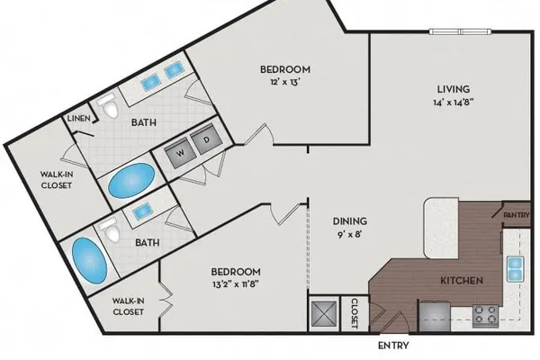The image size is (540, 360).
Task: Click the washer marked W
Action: (178, 152)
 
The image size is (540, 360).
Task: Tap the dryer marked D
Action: (204, 139)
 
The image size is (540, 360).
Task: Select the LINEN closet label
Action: (79, 119)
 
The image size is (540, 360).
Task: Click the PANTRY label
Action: (517, 215)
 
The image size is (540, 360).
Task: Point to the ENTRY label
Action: (393, 346)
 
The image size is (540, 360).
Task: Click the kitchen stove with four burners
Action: (485, 316)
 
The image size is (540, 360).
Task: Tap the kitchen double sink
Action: (515, 269)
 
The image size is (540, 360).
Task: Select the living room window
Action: (460, 31)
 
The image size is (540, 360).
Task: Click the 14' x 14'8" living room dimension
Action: (454, 103)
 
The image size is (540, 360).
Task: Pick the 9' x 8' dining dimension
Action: (350, 235)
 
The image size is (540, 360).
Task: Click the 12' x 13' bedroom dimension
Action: (283, 82)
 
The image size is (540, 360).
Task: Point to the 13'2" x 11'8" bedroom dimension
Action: (235, 285)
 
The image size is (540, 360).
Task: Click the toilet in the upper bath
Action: (109, 106)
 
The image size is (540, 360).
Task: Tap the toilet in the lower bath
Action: (109, 229)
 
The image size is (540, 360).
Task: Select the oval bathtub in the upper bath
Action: (131, 181)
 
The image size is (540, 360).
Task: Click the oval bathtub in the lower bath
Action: (89, 260)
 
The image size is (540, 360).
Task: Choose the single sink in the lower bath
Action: (143, 211)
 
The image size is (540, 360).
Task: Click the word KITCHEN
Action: (462, 281)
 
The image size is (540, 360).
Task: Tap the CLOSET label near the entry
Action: (355, 313)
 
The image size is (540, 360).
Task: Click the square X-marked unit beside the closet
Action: (324, 314)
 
